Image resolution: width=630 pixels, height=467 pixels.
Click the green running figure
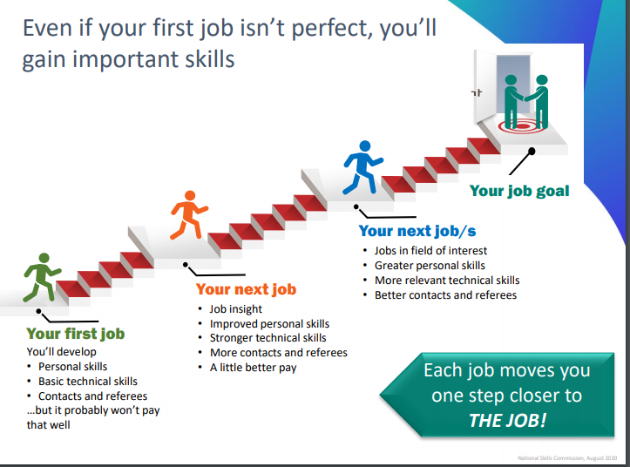coord(41,277)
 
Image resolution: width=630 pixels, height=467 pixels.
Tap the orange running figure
coord(188,215)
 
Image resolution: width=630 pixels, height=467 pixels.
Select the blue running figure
coord(362,167)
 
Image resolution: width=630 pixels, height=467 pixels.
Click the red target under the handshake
coord(522,126)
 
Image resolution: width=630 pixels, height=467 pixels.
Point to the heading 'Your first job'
coord(76,334)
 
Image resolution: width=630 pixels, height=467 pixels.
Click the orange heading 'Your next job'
coord(246,289)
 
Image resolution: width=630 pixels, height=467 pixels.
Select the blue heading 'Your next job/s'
coord(417,231)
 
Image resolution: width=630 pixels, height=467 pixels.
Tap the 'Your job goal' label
coord(519,191)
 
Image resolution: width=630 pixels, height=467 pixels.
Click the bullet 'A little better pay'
coord(253,368)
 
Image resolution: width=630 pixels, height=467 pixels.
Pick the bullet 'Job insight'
coord(236,309)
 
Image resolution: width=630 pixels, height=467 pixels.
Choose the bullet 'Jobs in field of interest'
coord(430,251)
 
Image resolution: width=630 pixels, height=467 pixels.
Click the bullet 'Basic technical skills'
coord(88,381)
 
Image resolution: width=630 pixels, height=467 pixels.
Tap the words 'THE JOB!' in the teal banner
coord(508,420)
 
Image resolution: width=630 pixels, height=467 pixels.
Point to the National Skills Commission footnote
coord(567,457)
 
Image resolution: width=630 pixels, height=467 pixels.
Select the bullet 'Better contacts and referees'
coord(445,295)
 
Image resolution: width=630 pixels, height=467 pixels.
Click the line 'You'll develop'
coord(62,352)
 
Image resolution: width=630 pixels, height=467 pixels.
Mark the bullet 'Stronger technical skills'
coord(268,338)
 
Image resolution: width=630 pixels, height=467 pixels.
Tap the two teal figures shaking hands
coord(526,102)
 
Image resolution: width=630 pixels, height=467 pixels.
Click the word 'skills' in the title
coord(210,59)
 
